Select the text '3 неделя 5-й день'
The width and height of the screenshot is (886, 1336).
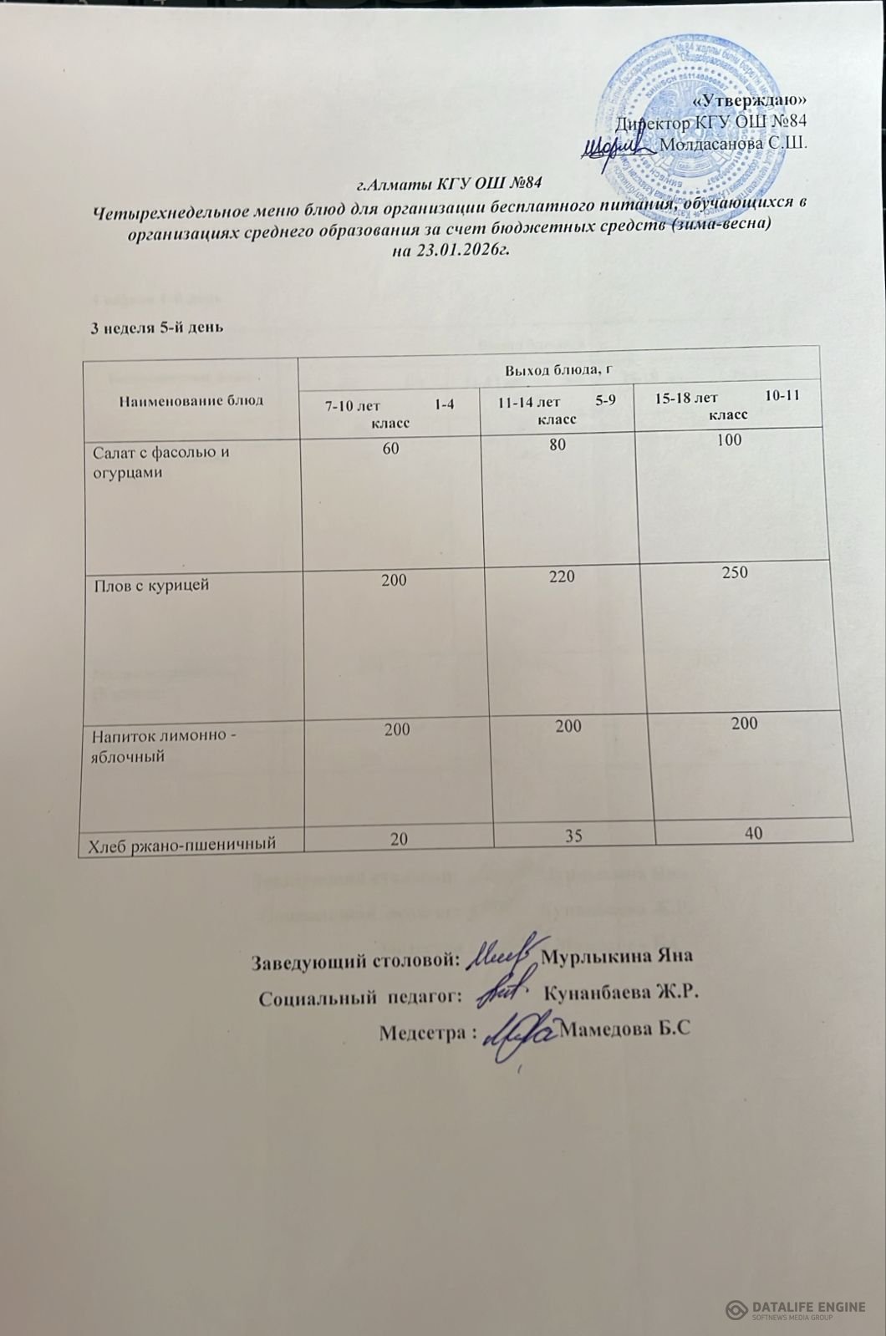point(155,327)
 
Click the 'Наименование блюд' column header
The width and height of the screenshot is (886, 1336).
point(191,399)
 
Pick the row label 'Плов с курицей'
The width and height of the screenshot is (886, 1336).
point(151,585)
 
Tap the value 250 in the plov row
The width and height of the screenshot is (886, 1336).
point(733,572)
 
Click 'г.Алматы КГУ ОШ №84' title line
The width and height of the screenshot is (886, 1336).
point(451,181)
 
